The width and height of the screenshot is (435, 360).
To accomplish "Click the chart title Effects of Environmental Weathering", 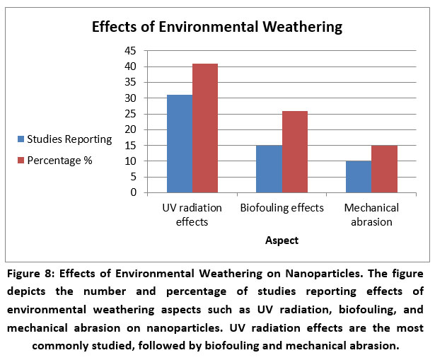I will (x=216, y=28).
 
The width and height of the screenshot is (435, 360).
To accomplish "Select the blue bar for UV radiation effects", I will (x=179, y=144).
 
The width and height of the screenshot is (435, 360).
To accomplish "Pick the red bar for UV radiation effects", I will (x=205, y=128).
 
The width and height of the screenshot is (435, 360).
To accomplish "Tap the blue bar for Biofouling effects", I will (x=269, y=169).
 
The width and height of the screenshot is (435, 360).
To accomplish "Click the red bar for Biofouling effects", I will (x=294, y=151).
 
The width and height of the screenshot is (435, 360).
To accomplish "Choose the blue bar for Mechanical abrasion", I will (x=359, y=177).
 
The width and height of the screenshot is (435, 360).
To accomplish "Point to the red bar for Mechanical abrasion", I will (x=384, y=169).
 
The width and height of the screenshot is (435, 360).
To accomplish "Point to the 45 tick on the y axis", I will (x=130, y=51).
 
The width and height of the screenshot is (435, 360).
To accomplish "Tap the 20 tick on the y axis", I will (x=130, y=129).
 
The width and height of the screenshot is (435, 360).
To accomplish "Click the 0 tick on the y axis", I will (x=133, y=192).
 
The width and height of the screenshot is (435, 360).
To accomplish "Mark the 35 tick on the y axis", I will (x=130, y=82).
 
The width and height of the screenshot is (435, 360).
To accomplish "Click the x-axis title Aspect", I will (x=282, y=240).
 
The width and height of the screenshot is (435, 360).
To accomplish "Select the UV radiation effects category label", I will (x=192, y=214).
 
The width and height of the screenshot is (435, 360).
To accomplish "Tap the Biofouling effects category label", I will (x=282, y=208).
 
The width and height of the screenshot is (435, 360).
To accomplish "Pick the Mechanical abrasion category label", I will (x=372, y=214).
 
